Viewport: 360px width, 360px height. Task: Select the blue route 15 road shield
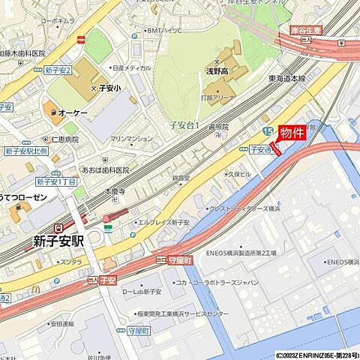tap(268, 132)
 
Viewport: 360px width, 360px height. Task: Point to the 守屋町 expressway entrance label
tap(180, 259)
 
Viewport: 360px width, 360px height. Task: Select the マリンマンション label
tap(131, 139)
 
